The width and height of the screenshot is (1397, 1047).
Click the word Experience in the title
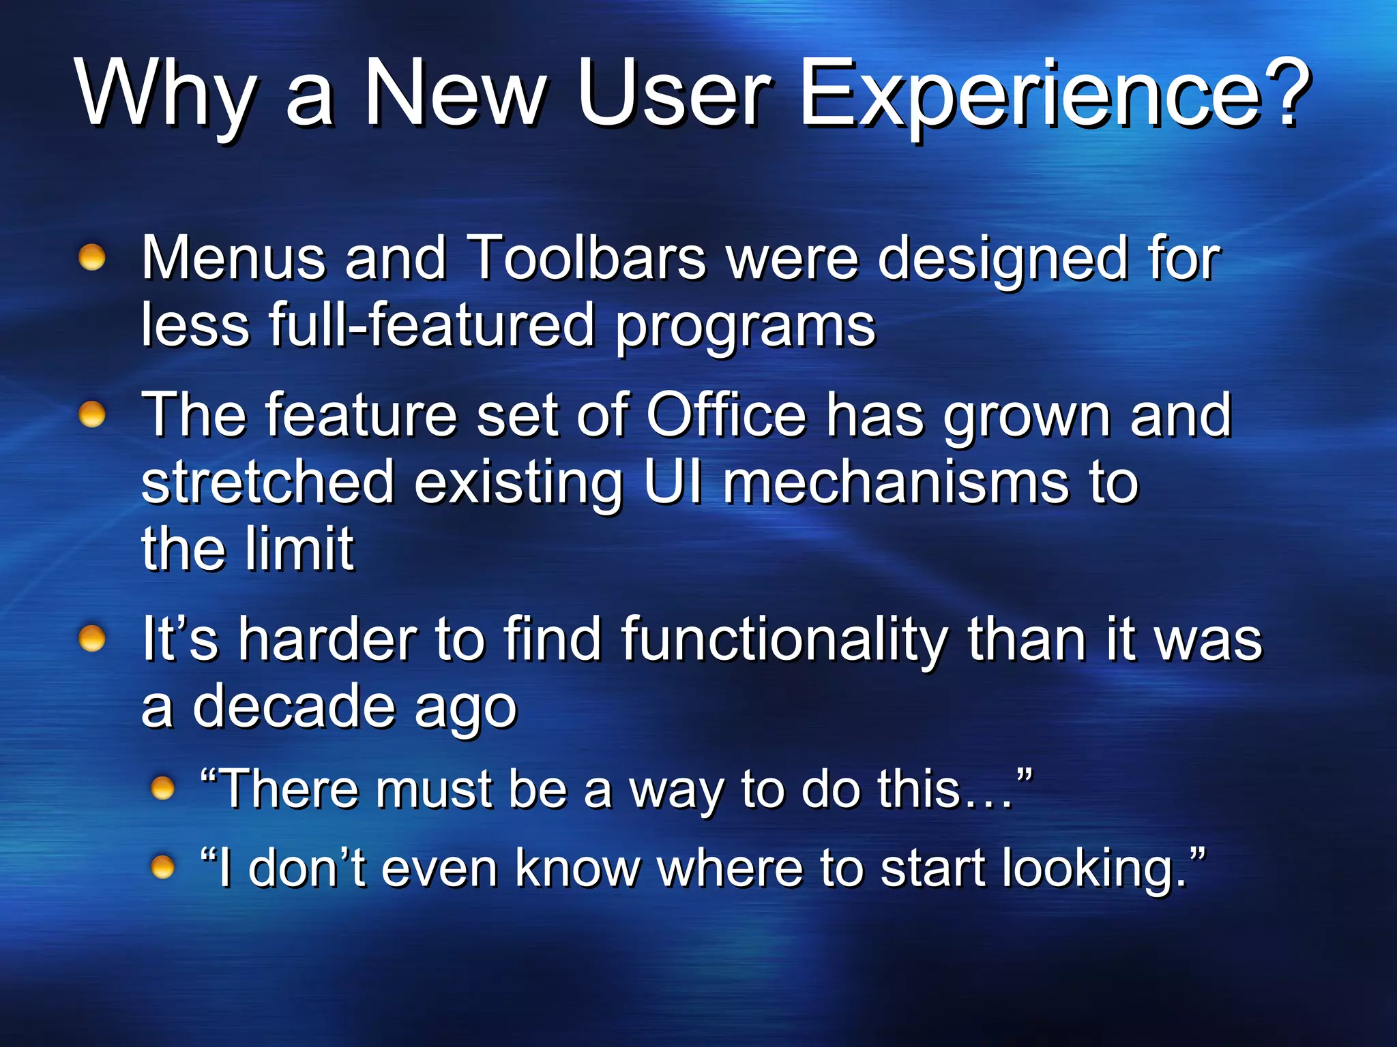pos(1030,95)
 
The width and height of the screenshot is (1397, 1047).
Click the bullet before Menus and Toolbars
pos(92,258)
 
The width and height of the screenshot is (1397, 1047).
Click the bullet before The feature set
pos(92,414)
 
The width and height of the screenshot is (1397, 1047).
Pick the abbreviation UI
pos(673,482)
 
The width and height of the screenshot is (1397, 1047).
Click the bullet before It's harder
pos(92,639)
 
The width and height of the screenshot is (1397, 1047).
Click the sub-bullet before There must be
pos(163,789)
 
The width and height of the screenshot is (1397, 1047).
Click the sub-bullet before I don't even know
pos(163,868)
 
